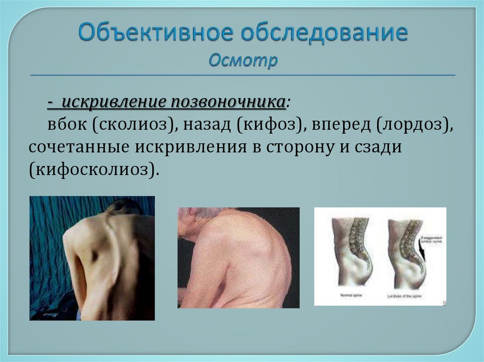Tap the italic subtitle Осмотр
(243, 60)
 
